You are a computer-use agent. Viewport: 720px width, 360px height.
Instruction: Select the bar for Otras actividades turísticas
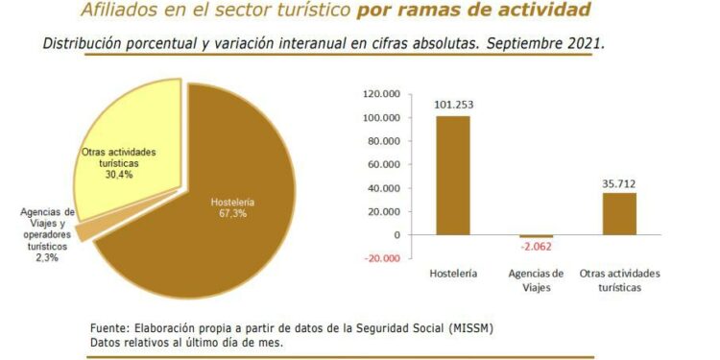pyautogui.click(x=619, y=213)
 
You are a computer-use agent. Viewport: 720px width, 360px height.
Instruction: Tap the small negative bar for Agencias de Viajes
pyautogui.click(x=536, y=236)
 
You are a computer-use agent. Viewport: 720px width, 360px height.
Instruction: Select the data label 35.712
pyautogui.click(x=619, y=183)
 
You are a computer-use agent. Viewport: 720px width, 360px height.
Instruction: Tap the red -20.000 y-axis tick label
pyautogui.click(x=381, y=258)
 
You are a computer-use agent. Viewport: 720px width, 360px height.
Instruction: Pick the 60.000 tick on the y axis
pyautogui.click(x=382, y=164)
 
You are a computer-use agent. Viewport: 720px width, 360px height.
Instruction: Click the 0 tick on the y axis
pyautogui.click(x=395, y=235)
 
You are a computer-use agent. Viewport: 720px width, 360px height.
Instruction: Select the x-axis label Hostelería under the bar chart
pyautogui.click(x=453, y=275)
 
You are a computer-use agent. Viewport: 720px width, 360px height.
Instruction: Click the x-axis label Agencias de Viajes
pyautogui.click(x=536, y=280)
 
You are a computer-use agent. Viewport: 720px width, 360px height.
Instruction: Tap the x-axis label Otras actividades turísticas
pyautogui.click(x=619, y=280)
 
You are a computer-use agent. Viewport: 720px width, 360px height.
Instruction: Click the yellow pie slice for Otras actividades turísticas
pyautogui.click(x=134, y=134)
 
